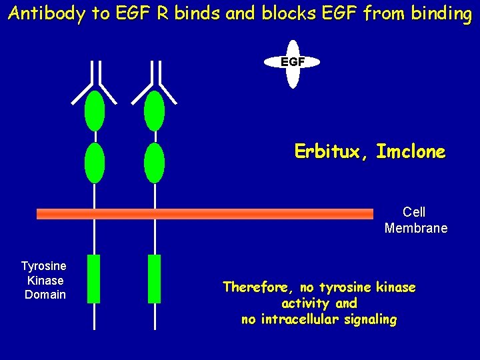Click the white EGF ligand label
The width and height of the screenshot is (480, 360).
[x=292, y=62]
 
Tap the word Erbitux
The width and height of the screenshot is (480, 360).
[x=331, y=152]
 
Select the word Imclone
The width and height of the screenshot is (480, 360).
[x=411, y=152]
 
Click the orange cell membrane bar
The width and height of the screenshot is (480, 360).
[x=205, y=214]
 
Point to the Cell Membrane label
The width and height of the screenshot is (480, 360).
[x=415, y=220]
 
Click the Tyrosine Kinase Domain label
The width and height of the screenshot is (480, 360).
[x=45, y=281]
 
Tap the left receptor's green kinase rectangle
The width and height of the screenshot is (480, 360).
[x=94, y=279]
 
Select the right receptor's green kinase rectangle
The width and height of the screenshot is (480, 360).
[x=154, y=279]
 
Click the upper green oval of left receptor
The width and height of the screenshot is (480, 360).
[x=95, y=111]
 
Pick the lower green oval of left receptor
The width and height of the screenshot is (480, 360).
[x=95, y=163]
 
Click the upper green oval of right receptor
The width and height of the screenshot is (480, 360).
[x=154, y=111]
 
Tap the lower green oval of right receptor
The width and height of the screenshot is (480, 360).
[x=154, y=163]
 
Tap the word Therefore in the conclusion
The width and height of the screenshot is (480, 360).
[x=258, y=287]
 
